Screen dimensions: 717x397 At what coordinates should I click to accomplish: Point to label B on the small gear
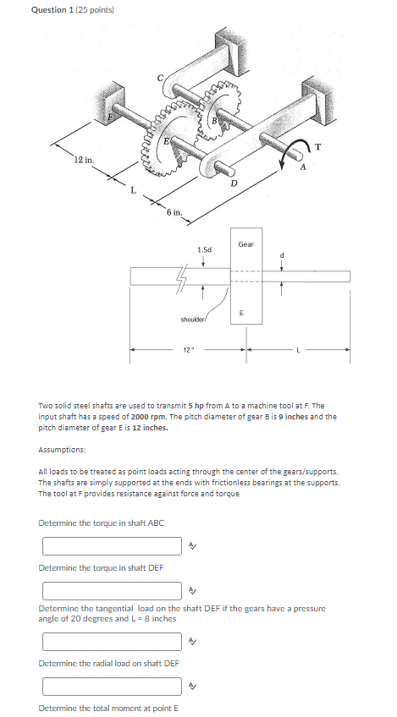(x=214, y=121)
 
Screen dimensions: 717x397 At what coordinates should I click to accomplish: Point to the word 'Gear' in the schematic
(x=246, y=244)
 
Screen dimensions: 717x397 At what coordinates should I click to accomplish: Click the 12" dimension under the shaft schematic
(x=188, y=349)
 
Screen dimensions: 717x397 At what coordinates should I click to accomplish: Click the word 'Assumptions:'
(x=62, y=450)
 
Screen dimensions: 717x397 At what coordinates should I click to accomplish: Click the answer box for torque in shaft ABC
(x=112, y=546)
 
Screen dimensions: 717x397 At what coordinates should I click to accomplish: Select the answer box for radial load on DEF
(x=112, y=685)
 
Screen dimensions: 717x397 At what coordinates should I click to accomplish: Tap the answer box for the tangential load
(x=112, y=639)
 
